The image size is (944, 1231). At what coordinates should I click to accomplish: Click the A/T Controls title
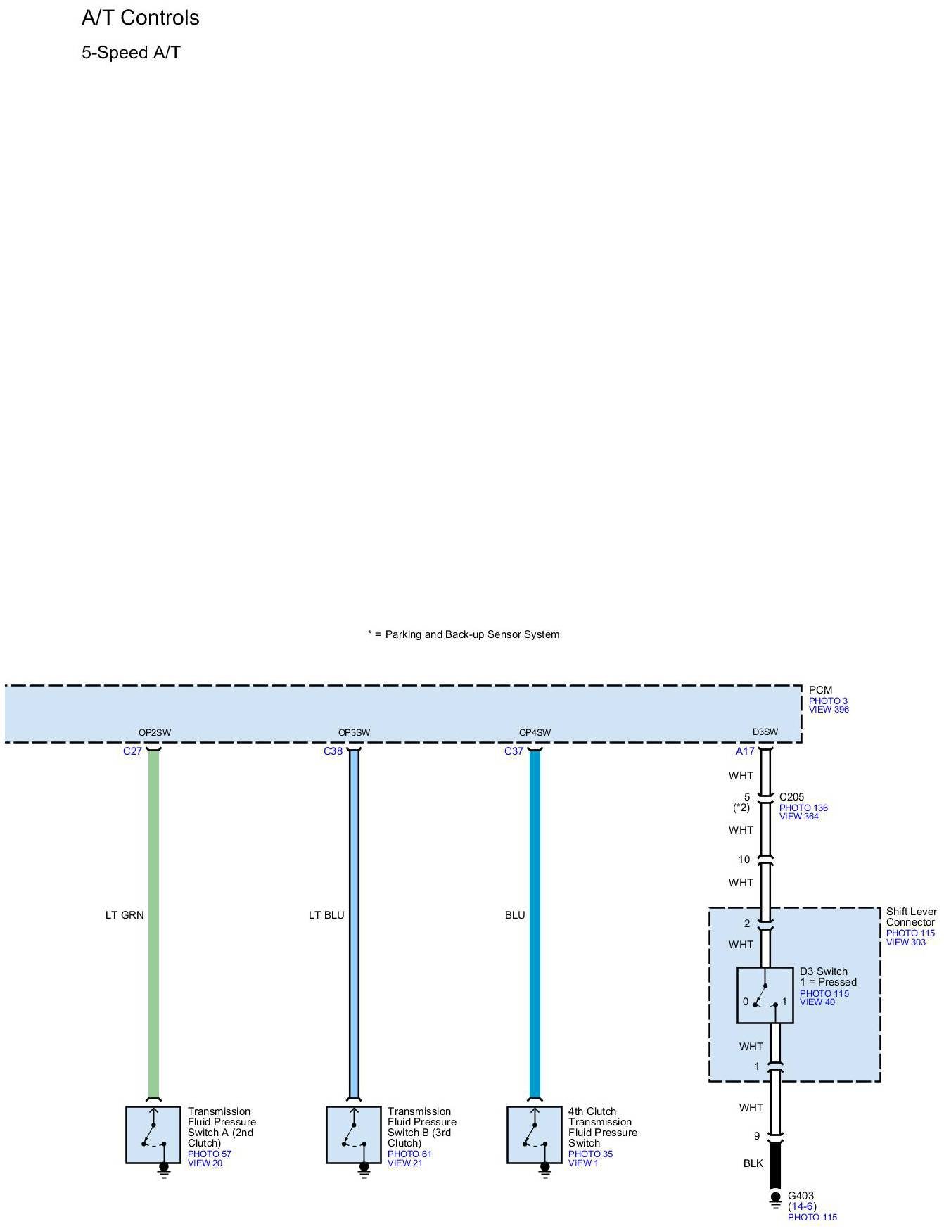click(140, 18)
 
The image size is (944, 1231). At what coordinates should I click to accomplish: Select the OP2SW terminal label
click(154, 732)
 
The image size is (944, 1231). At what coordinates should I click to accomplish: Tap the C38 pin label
click(333, 751)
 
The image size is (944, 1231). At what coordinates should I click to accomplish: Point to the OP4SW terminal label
click(535, 732)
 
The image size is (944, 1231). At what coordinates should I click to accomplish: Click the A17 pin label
click(745, 751)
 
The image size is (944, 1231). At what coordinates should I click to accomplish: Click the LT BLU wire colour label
click(326, 915)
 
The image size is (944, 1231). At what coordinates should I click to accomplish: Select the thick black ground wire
click(775, 1164)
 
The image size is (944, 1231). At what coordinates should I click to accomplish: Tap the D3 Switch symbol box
click(765, 995)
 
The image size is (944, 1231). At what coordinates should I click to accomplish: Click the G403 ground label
click(801, 1195)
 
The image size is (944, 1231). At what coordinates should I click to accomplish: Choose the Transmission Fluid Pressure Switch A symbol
click(153, 1135)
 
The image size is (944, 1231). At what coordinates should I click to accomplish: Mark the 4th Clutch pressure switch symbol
click(534, 1135)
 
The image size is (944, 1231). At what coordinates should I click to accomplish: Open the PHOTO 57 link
click(209, 1154)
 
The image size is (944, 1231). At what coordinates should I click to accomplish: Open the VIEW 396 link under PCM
click(829, 710)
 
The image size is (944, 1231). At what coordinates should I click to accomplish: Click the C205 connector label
click(791, 797)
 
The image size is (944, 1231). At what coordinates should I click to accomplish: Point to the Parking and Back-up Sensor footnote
click(464, 634)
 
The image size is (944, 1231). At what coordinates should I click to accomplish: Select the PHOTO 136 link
click(803, 808)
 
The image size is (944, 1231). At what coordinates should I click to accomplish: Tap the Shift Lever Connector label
click(911, 917)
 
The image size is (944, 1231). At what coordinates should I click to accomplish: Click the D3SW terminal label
click(765, 732)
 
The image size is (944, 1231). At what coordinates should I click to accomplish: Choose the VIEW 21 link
click(404, 1163)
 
